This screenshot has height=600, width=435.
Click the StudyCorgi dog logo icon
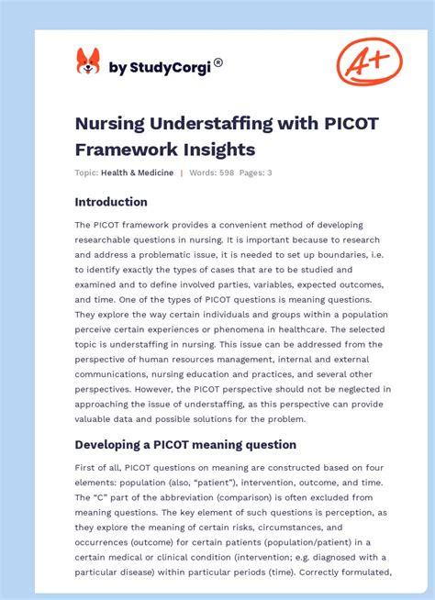click(x=88, y=62)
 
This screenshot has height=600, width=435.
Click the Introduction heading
click(x=111, y=202)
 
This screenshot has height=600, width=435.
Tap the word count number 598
click(x=225, y=172)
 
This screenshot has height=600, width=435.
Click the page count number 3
click(x=269, y=172)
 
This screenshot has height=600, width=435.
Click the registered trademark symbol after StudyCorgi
click(x=217, y=63)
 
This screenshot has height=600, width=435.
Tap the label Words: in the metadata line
click(x=202, y=172)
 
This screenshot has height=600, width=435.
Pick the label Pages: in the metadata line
click(x=252, y=172)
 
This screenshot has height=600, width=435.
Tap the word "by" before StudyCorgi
click(x=117, y=67)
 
